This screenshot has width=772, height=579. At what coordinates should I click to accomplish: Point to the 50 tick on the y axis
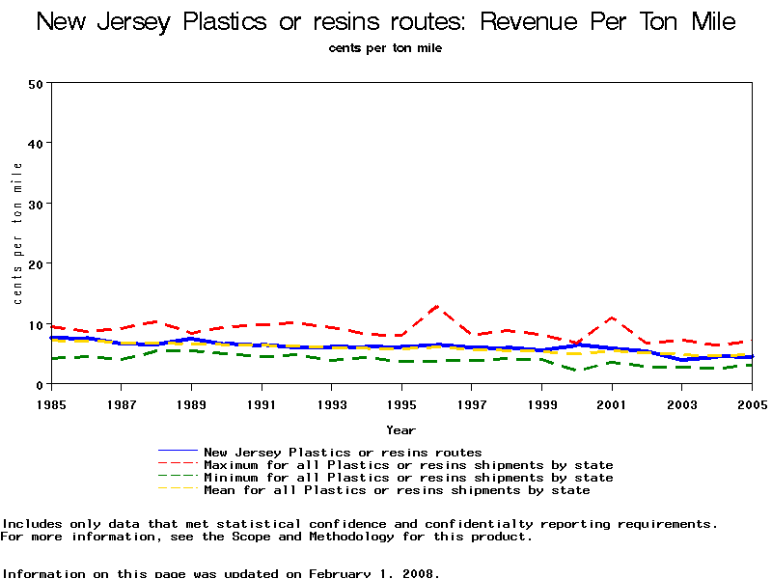[x=37, y=83]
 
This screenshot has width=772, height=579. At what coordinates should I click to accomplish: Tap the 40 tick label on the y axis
[x=37, y=143]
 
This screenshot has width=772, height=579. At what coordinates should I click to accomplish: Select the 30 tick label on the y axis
[x=37, y=204]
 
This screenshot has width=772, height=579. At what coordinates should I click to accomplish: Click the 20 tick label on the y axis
[x=37, y=263]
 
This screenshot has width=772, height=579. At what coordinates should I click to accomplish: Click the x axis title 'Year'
[x=401, y=429]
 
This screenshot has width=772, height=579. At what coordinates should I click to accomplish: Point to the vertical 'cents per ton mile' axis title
[x=18, y=234]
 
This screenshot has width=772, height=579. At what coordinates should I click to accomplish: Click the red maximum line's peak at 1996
[x=437, y=306]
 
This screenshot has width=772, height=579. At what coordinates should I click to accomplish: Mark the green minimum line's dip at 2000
[x=577, y=371]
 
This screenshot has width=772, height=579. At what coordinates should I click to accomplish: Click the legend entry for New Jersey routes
[x=343, y=452]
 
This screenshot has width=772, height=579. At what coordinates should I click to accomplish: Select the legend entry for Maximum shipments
[x=408, y=465]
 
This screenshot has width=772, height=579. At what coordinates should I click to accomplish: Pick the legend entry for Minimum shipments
[x=408, y=478]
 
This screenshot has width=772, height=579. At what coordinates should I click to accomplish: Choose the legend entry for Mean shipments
[x=397, y=490]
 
